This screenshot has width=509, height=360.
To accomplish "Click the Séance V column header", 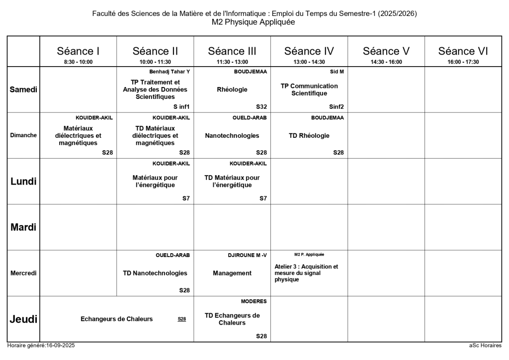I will click(386, 51).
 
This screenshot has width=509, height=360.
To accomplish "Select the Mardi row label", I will click(23, 227).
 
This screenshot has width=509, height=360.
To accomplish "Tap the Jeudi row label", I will click(23, 319).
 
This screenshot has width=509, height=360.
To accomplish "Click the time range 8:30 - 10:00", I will click(78, 62).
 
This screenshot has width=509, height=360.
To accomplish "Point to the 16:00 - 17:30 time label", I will click(463, 62).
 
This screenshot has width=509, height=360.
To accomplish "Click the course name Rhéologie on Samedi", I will click(232, 90).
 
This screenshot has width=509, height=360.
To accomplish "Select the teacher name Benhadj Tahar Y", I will click(170, 72).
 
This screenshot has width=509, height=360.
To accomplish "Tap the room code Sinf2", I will click(337, 106).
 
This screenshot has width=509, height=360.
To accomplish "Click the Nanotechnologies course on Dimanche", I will click(232, 135).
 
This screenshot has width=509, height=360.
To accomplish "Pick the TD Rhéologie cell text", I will click(309, 135).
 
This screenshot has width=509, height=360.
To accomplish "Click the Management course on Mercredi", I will click(232, 273).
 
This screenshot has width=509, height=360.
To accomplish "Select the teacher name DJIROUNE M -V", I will click(247, 255).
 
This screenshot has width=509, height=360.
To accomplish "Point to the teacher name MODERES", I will click(254, 301).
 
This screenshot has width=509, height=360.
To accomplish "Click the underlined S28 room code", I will click(182, 319).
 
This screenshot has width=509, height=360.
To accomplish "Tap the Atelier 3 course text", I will click(306, 273).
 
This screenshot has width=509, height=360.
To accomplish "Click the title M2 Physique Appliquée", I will click(254, 22).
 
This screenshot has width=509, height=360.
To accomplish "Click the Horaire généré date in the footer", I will click(41, 346).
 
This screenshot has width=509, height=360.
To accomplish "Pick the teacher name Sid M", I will click(337, 72).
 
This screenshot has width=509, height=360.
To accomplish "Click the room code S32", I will click(261, 106).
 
